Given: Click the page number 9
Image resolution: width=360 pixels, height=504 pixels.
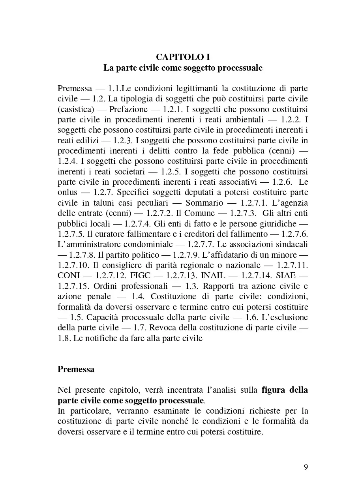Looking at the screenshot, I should point(306,467).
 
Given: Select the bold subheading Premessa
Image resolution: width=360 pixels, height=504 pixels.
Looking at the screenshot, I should point(76,369).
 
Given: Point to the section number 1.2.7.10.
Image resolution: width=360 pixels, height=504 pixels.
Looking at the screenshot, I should point(74,265).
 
